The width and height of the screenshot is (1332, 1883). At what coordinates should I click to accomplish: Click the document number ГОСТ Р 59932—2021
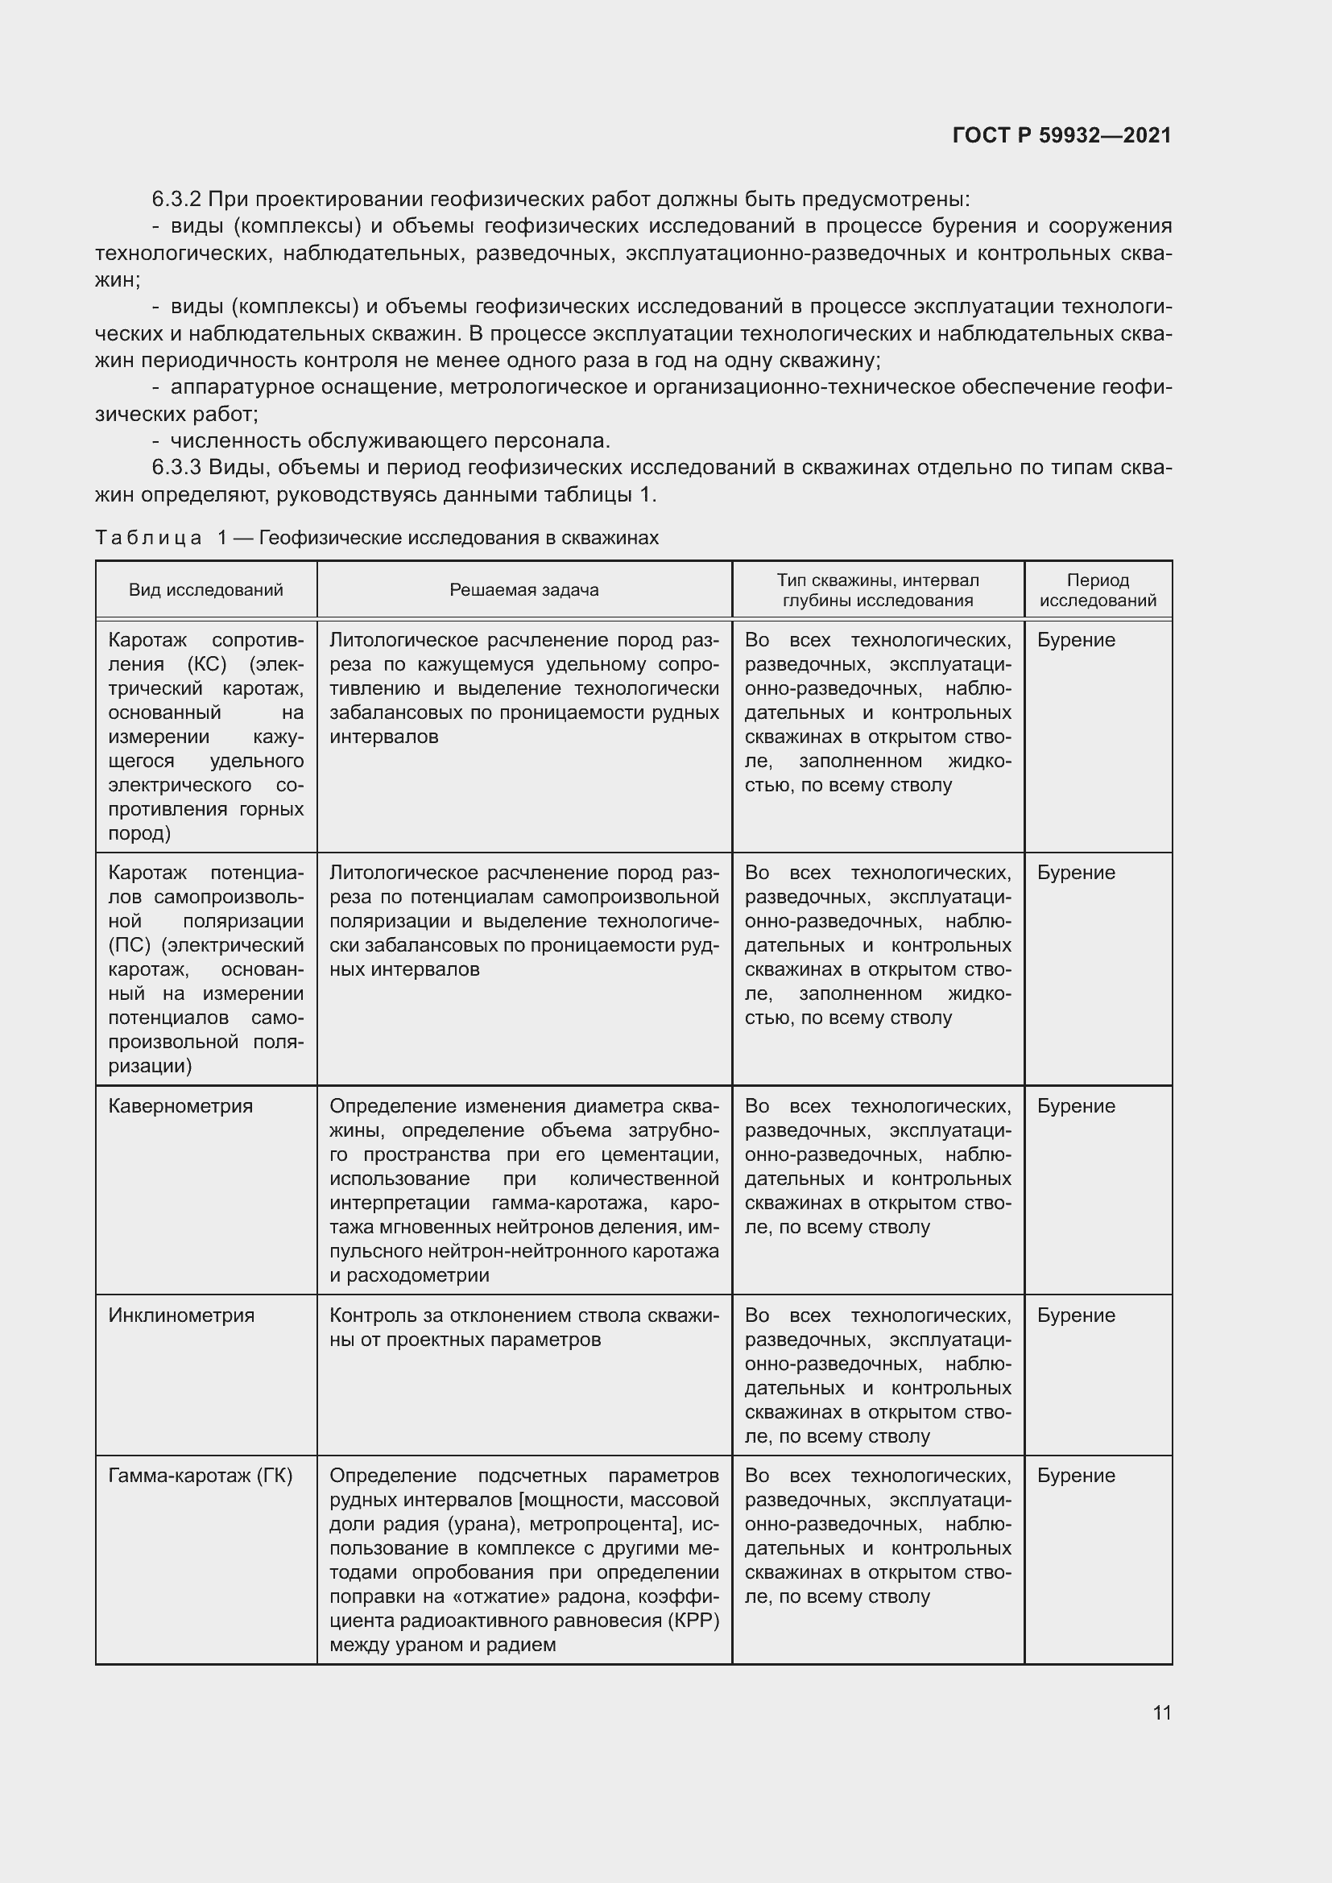1061,135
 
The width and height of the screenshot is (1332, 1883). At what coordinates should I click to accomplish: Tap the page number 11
1161,1712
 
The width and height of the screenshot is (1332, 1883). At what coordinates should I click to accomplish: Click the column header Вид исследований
206,589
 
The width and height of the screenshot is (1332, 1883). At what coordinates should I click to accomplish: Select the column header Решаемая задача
523,589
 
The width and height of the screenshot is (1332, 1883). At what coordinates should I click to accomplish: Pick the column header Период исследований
1098,589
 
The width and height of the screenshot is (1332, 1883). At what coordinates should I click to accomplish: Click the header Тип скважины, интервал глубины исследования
878,589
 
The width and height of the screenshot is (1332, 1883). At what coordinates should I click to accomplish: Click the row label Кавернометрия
180,1106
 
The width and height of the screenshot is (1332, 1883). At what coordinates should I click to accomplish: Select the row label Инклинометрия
181,1315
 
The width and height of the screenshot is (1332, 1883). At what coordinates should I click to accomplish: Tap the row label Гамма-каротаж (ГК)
201,1476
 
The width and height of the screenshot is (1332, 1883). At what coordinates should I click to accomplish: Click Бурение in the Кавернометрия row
1076,1106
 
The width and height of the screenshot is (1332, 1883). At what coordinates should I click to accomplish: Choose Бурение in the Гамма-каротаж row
1076,1476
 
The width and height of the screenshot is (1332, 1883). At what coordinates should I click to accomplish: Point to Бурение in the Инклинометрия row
1076,1315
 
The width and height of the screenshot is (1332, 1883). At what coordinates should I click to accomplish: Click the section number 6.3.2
176,200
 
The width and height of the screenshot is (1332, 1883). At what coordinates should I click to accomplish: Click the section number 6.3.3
176,468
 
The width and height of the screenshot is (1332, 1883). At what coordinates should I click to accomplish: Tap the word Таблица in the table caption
148,538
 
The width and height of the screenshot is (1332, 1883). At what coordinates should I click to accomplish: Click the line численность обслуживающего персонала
390,441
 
